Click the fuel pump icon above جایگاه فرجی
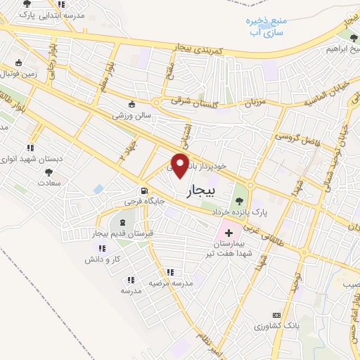pyautogui.click(x=144, y=191)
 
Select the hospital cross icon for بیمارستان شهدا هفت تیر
pyautogui.click(x=229, y=231)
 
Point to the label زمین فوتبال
pyautogui.click(x=18, y=72)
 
